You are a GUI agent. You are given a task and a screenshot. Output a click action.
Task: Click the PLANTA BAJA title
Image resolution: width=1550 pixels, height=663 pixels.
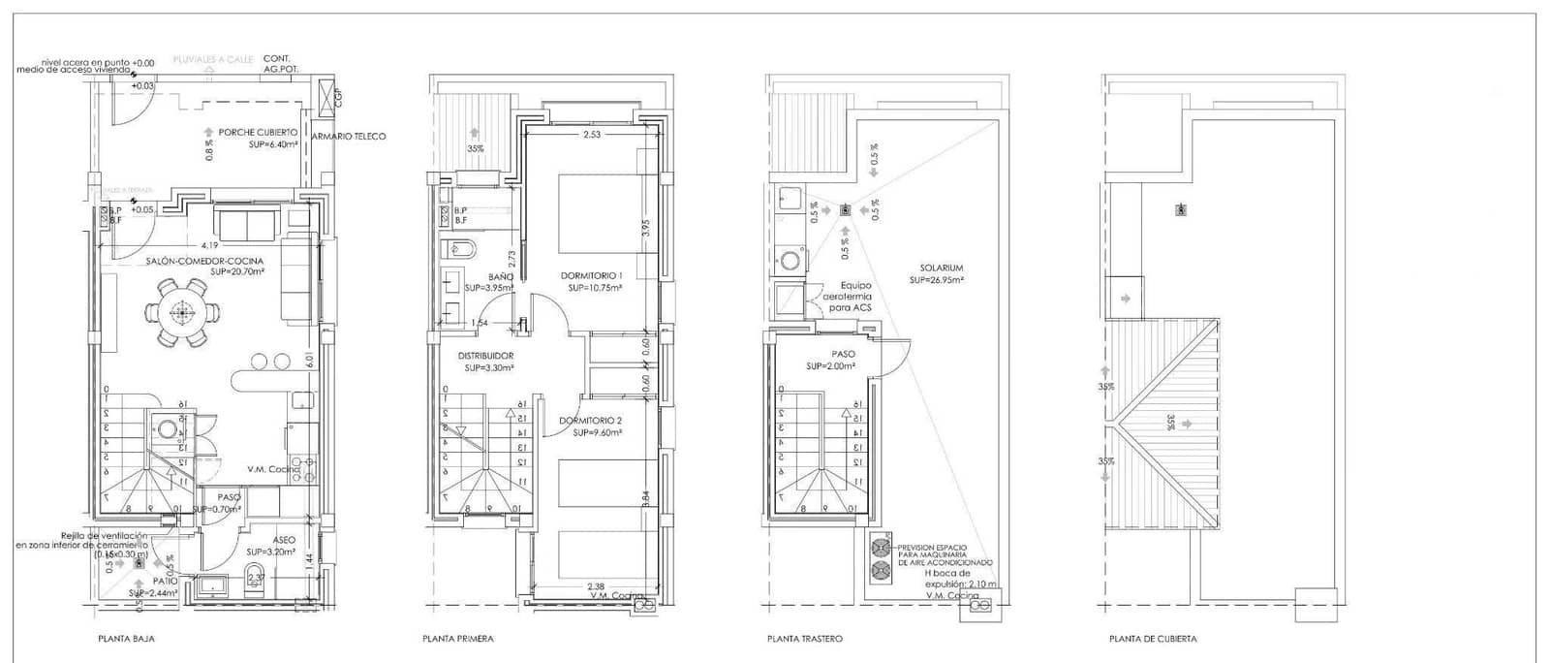pos(126,639)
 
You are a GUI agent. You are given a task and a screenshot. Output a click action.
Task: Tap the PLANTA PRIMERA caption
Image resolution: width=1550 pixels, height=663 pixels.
pos(457,639)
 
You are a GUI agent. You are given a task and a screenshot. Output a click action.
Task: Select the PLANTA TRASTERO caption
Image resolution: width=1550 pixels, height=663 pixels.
pos(804,639)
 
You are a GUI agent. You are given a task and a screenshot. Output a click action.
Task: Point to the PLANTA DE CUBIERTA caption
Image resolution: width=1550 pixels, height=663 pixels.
pos(1153,639)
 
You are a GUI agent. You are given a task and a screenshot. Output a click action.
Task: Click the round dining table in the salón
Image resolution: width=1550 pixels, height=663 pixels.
pos(180,312)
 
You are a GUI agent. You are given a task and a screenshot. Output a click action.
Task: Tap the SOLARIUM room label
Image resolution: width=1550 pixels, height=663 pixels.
pos(936,268)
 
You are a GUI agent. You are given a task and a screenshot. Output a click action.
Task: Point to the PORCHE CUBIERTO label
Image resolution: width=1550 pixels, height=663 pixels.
pos(258,133)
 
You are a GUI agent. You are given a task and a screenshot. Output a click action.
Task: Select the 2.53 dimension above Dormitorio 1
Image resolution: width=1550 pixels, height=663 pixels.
pos(591,135)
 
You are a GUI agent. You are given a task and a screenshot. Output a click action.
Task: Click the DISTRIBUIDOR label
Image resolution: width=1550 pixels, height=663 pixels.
pos(485,357)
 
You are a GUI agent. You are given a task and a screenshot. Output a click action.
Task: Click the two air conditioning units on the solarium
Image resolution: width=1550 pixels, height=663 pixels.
pos(881,558)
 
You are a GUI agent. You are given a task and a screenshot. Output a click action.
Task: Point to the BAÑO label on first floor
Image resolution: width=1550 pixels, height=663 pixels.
pos(500,277)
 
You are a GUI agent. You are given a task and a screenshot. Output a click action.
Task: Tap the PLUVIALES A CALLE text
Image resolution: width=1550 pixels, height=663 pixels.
pos(212,59)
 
